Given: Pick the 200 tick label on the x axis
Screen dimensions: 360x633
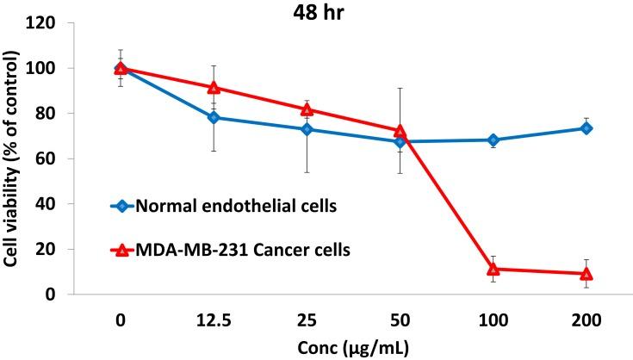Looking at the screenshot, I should [x=586, y=319].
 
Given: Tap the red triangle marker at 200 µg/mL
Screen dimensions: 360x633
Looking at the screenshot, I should [x=586, y=274].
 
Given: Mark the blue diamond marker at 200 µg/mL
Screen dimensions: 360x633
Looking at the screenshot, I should [x=586, y=128].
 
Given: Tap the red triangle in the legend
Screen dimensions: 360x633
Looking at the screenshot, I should [x=121, y=250].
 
